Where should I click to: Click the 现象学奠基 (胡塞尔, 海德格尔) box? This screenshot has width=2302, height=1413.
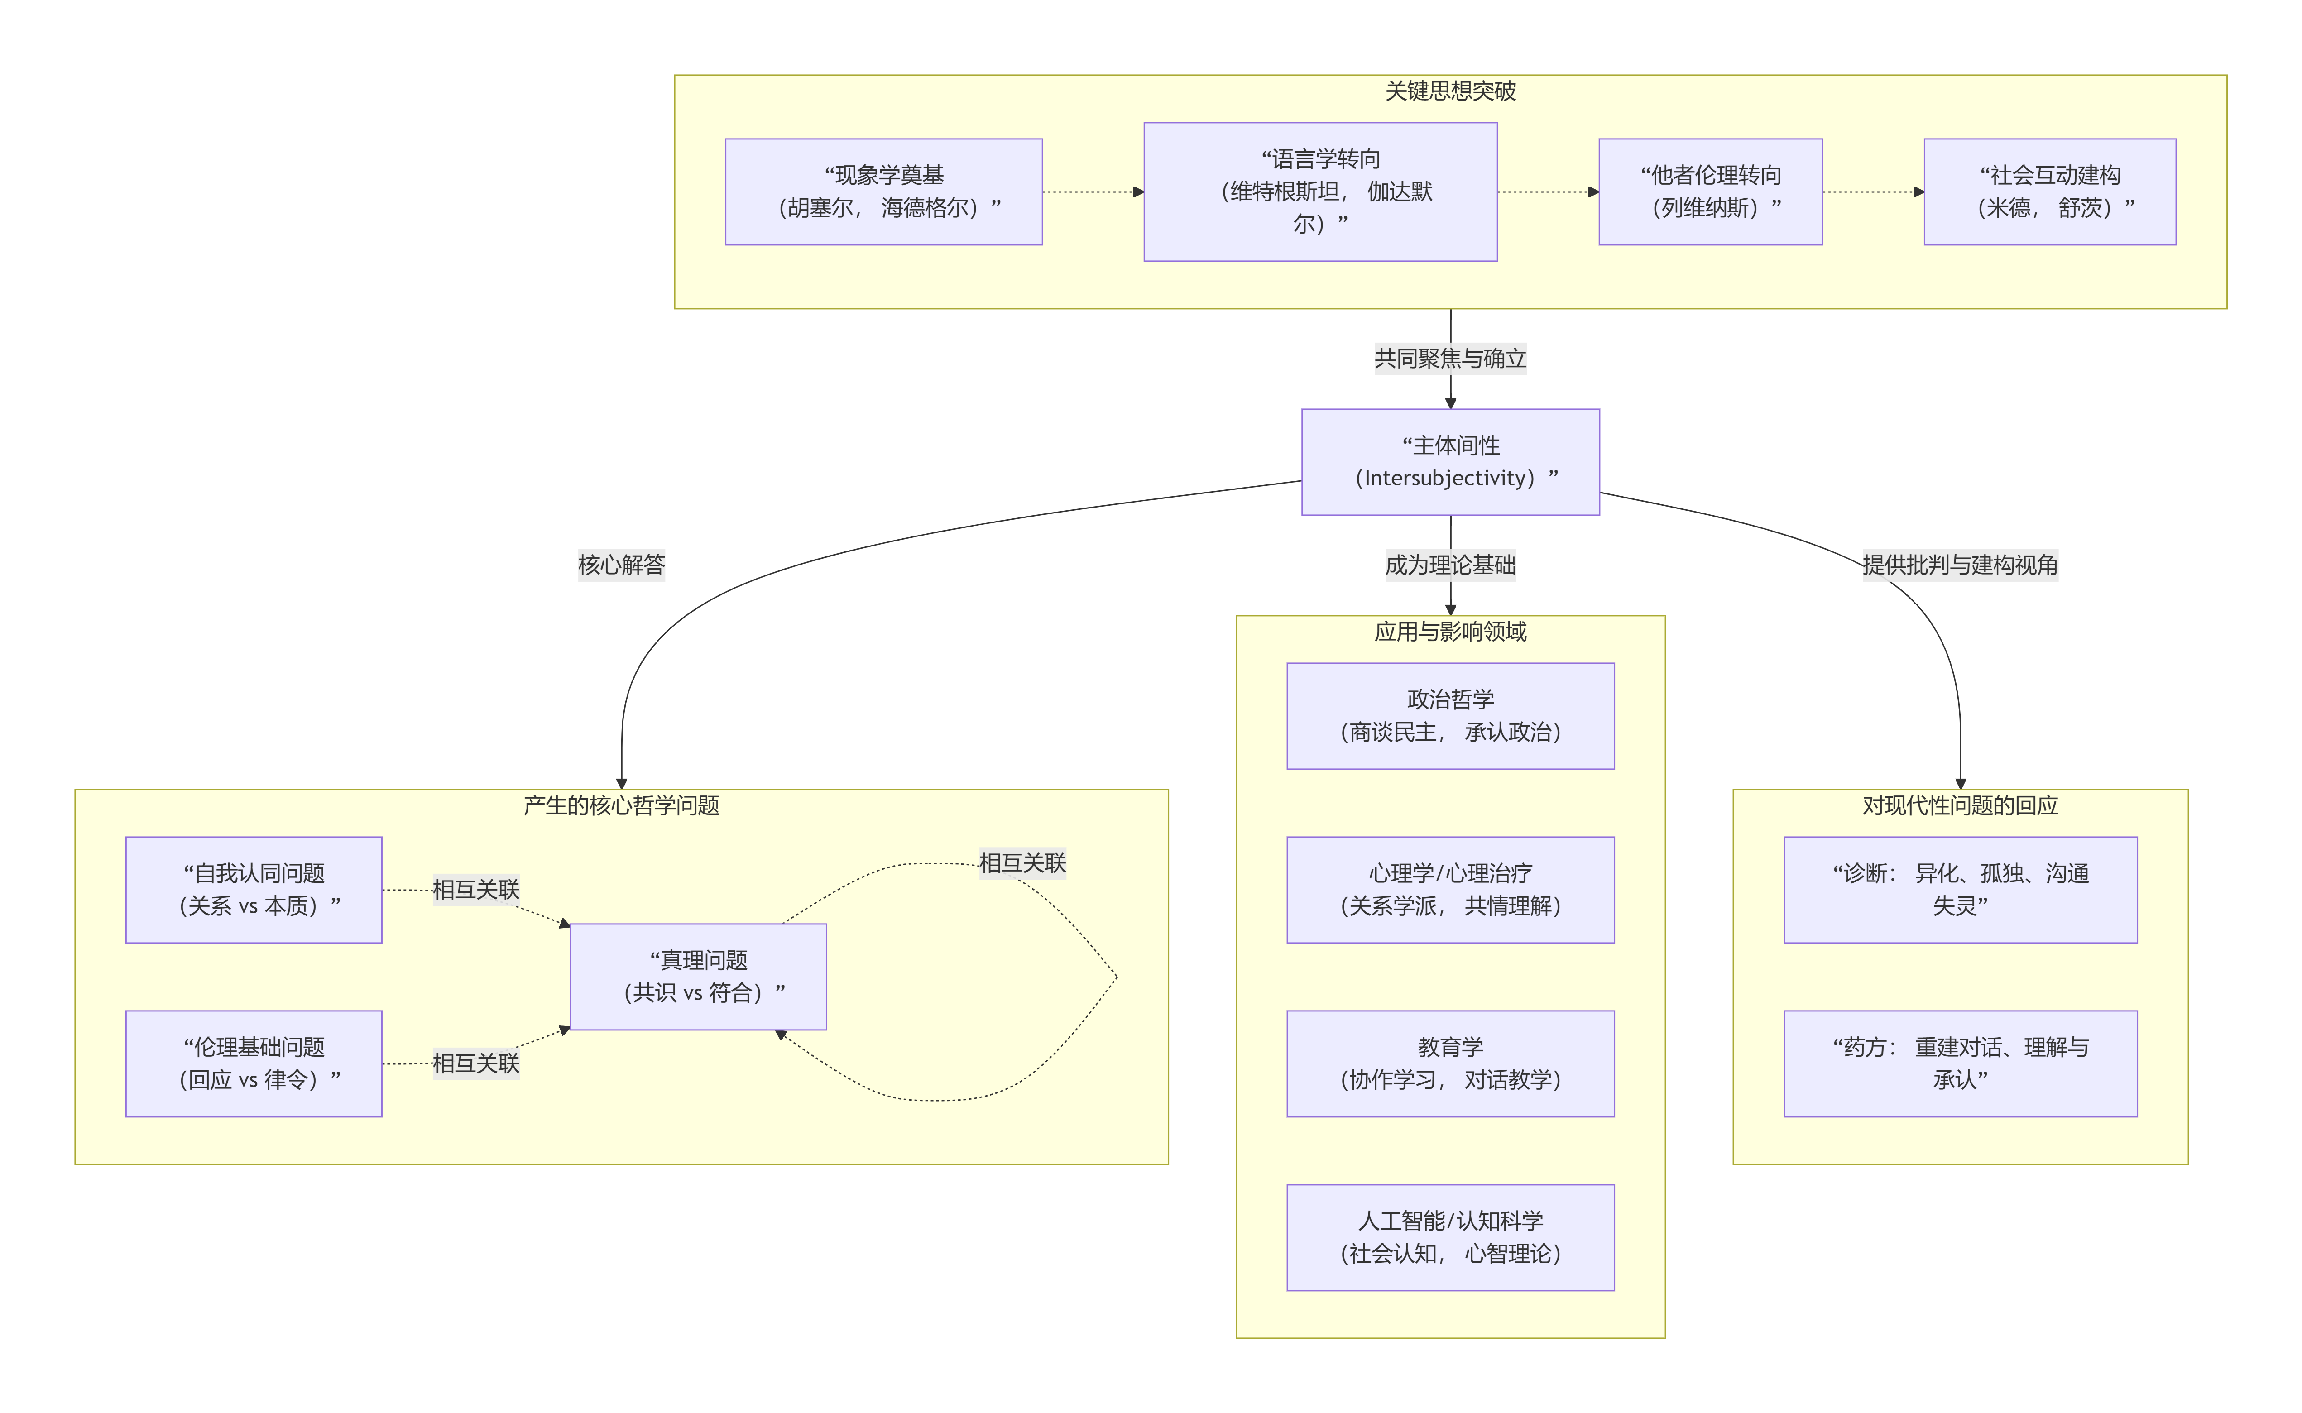pos(883,192)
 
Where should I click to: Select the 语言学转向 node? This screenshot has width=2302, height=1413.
pos(1320,192)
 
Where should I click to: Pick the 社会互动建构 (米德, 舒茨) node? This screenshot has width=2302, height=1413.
pos(2049,192)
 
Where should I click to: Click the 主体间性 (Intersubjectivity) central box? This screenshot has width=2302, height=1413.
pos(1449,462)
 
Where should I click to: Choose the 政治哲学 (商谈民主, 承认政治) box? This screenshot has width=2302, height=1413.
pos(1449,716)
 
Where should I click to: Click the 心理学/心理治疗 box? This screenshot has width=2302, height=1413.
pos(1449,890)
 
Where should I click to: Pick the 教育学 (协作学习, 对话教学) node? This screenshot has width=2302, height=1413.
pos(1449,1063)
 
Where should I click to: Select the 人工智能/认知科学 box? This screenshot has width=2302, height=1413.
pos(1449,1237)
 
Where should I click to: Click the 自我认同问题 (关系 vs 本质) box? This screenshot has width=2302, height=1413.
pos(253,890)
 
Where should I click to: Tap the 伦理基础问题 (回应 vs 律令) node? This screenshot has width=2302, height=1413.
pos(253,1063)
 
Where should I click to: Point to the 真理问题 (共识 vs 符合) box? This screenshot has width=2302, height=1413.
pos(698,977)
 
